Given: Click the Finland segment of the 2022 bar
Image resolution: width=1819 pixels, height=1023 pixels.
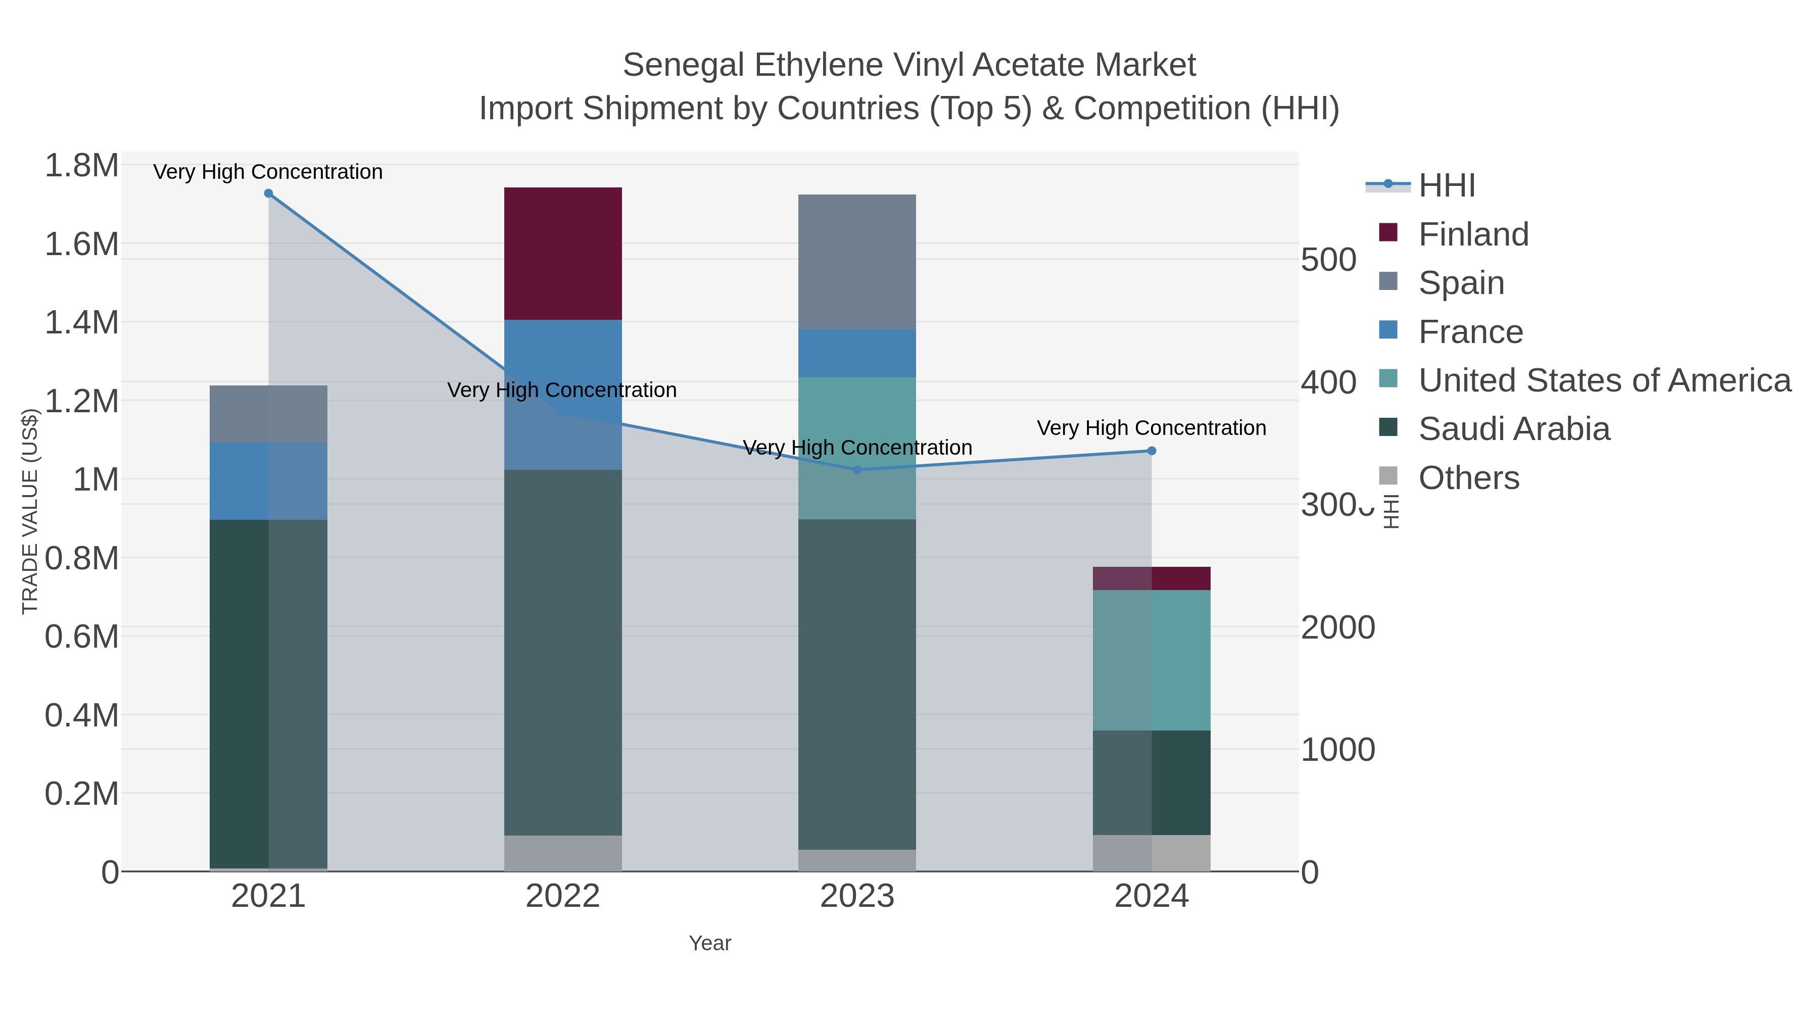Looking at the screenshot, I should tap(563, 254).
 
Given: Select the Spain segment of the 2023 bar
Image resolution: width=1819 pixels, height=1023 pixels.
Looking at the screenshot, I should tap(856, 262).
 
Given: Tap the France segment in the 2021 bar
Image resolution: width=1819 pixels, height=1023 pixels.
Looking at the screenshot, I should tap(268, 481).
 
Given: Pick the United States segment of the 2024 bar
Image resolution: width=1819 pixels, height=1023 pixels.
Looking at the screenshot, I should tap(1151, 660).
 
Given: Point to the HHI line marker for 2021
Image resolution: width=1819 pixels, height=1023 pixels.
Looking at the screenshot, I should tap(268, 193).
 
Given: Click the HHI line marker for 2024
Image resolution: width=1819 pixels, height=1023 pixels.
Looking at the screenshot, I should tap(1151, 451).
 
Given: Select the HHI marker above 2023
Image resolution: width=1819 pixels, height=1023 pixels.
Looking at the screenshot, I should tap(856, 469).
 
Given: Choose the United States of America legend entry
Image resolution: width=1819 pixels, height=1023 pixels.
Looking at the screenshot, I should tap(1604, 380).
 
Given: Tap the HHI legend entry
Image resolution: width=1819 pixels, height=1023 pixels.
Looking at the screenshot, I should tap(1446, 186).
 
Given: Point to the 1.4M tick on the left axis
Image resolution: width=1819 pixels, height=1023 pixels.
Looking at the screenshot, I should tap(81, 323).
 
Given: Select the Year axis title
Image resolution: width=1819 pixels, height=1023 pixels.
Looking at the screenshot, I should tap(710, 943).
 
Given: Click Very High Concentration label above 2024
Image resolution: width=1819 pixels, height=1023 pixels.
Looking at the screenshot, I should tap(1151, 428).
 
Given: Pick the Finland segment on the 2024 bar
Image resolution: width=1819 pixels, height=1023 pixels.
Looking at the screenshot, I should tap(1151, 578).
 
